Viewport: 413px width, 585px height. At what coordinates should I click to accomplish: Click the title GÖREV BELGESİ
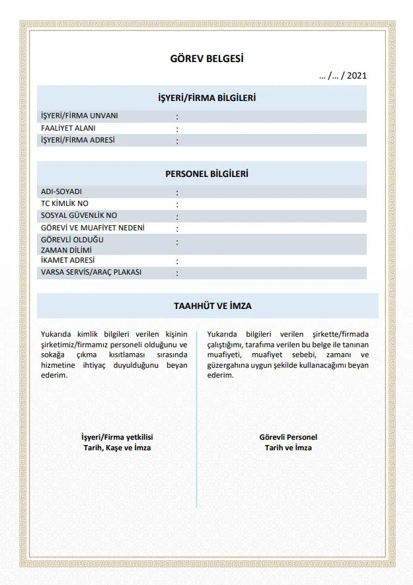point(207,59)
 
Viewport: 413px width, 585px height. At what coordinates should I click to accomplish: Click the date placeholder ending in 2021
point(342,76)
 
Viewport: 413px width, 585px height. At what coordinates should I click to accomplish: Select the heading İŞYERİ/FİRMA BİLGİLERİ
point(207,98)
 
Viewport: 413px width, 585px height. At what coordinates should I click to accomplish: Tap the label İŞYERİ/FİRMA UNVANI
point(79,116)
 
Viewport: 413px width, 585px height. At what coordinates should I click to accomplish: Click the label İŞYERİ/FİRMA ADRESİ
point(78,140)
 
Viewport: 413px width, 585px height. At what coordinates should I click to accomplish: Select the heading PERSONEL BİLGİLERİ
point(207,174)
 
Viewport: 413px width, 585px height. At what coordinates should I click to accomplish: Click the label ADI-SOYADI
point(61,191)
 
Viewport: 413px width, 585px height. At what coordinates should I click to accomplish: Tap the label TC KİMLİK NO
point(65,203)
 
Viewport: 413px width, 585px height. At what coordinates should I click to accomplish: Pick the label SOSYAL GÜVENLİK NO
point(79,215)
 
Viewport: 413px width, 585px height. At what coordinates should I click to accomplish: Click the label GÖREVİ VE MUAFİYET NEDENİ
point(93,228)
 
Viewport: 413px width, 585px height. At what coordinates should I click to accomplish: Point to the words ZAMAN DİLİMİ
point(66,250)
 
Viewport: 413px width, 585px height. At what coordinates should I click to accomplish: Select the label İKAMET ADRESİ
point(68,261)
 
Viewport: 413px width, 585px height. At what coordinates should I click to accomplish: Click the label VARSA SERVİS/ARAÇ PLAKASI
point(91,272)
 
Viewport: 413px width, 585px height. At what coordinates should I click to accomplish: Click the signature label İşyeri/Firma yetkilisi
point(117,437)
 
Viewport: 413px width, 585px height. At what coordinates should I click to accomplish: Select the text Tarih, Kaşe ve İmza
point(117,448)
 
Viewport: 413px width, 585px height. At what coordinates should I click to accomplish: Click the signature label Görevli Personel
point(288,437)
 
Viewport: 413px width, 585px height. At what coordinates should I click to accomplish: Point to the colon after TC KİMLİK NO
point(177,204)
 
